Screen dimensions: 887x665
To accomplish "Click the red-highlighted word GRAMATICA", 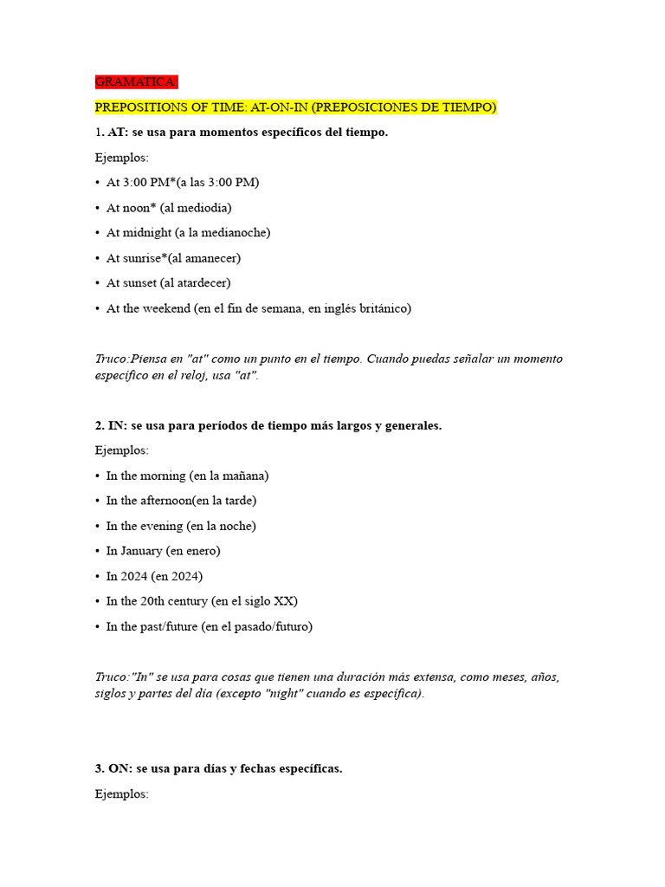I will (137, 82).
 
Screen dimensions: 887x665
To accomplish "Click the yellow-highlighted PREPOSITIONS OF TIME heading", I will (295, 107).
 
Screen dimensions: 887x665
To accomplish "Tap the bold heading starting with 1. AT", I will (242, 133).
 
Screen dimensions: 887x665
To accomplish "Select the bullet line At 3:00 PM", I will (183, 183).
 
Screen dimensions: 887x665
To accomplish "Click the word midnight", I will (146, 233).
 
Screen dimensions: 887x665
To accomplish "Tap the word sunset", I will (139, 283).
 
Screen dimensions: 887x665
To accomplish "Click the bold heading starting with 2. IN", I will (268, 426).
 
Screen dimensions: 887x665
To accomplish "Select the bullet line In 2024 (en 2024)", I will (154, 576).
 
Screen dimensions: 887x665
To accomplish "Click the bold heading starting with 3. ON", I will (218, 769).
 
